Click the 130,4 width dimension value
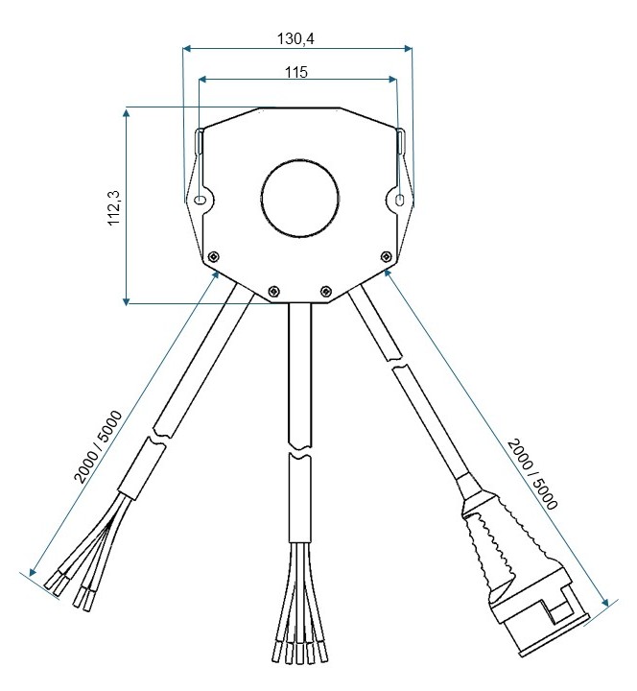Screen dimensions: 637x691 (295, 38)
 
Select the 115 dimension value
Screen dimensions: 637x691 (296, 72)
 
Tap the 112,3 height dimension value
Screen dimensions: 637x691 (114, 208)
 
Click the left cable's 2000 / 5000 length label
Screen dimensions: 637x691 (97, 446)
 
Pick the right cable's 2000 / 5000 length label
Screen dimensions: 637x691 (532, 474)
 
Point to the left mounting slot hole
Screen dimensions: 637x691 (201, 200)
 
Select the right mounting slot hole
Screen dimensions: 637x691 (399, 201)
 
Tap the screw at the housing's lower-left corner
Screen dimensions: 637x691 (214, 256)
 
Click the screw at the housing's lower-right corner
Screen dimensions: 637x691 (386, 256)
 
